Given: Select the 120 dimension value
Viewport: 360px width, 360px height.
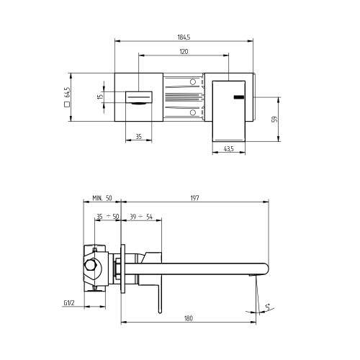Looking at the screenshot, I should point(184,51).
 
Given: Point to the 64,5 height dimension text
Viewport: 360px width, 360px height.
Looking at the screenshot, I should point(67,93).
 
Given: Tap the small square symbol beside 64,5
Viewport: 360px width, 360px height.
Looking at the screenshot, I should point(67,105).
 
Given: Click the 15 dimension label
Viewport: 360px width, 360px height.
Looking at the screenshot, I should point(102,96).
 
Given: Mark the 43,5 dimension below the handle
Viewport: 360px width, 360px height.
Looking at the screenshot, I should point(228,149).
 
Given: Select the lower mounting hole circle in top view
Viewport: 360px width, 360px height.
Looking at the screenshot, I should point(193,112).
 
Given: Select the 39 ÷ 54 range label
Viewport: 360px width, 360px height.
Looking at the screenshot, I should point(141,216).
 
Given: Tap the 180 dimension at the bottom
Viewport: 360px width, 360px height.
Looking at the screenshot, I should point(189,317).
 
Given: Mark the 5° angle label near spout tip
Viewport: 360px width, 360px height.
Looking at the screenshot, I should point(268,307).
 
